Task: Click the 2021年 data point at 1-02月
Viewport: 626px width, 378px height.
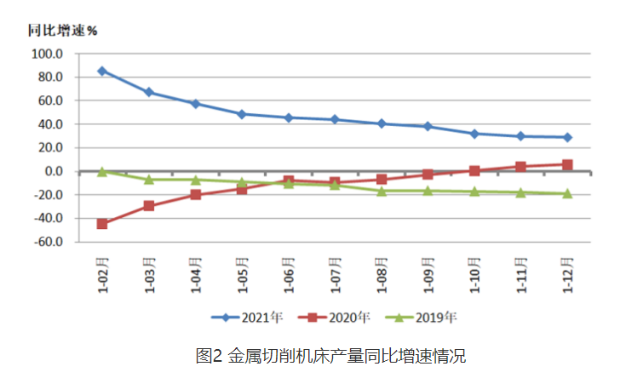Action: [x=102, y=71]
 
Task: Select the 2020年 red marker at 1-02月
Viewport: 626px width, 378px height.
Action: [x=102, y=224]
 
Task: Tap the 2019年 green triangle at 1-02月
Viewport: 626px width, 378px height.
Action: [x=102, y=171]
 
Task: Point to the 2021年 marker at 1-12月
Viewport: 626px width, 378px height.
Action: [x=567, y=137]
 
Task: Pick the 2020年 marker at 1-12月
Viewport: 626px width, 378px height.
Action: [x=567, y=164]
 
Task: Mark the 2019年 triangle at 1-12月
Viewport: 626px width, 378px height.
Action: [x=567, y=193]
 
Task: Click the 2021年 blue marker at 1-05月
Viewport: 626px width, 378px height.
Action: [x=242, y=114]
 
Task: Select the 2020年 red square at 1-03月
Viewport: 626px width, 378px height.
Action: [x=149, y=206]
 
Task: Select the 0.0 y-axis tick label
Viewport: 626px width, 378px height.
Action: [x=53, y=171]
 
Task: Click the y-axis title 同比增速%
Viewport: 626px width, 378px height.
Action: [x=63, y=31]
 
